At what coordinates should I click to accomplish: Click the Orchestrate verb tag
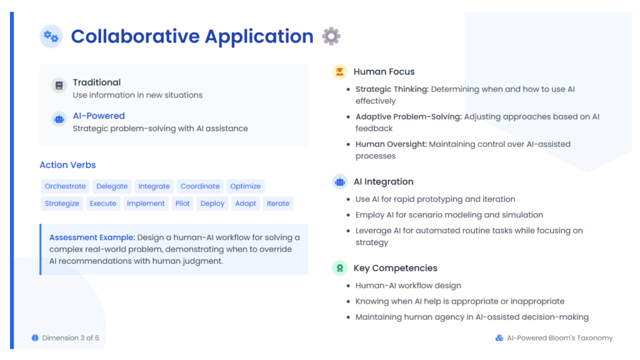[65, 186]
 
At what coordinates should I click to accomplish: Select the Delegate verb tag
[112, 186]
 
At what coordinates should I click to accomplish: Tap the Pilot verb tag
[182, 203]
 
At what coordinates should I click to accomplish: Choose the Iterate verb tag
[278, 203]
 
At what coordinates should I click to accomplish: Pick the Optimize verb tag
[245, 186]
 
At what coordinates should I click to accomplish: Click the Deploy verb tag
[212, 203]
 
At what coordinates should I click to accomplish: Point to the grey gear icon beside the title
[331, 36]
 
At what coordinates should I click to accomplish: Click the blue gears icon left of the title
[51, 36]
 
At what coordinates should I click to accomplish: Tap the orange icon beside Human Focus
[339, 71]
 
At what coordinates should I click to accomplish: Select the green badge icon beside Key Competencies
[339, 268]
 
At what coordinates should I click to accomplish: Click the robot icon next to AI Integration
[339, 182]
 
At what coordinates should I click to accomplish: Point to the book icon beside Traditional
[59, 85]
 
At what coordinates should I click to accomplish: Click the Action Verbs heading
[67, 165]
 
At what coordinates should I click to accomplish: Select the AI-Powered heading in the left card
[99, 116]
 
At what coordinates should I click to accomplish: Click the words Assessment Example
[92, 237]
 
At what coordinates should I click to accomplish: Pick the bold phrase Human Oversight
[391, 144]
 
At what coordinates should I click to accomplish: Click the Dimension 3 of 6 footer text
[71, 338]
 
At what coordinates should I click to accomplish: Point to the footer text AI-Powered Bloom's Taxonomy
[559, 338]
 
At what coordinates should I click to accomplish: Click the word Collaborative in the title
[135, 36]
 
